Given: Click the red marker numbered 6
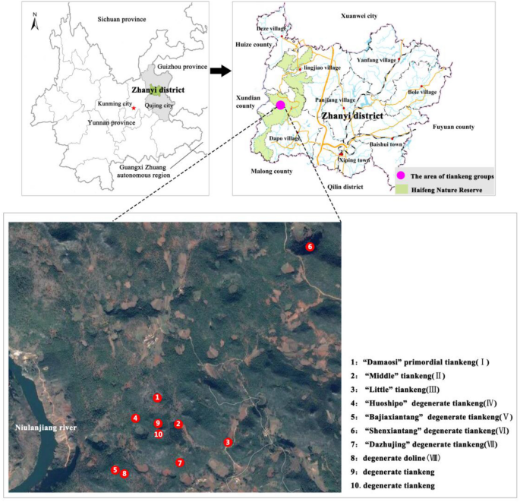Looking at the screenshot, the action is (309, 247).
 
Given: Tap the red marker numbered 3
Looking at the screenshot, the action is (228, 443).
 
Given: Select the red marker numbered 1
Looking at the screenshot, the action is (157, 397).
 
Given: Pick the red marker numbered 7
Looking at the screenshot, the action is (180, 463).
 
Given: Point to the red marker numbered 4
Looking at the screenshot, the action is (134, 418).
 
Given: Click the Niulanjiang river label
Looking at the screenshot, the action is (44, 428).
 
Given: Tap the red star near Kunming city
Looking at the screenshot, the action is (134, 109).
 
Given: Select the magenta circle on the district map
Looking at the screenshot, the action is (280, 105).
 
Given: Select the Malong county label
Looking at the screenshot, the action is (272, 172).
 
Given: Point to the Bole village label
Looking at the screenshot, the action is (422, 92).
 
